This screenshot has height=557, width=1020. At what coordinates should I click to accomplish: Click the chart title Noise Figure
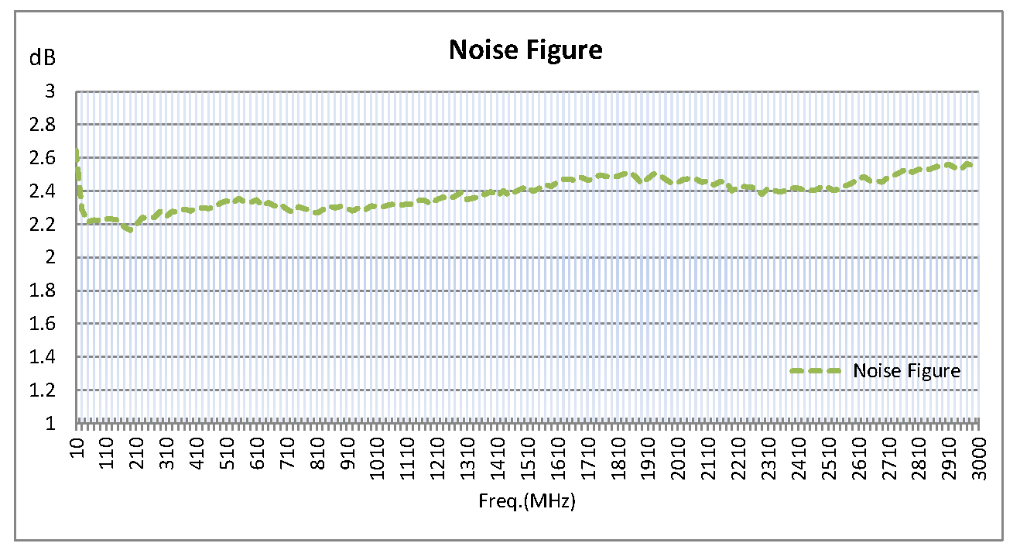point(525,50)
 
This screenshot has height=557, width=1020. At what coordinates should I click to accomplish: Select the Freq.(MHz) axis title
point(527,500)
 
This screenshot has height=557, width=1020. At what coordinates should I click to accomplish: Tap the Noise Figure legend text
point(906,371)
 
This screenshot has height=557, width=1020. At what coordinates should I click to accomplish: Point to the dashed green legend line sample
point(816,371)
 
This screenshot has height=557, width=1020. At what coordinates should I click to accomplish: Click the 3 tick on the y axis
point(51,91)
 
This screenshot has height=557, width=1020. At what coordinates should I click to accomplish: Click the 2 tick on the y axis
point(51,257)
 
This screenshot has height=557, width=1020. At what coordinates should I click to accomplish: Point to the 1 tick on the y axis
point(51,423)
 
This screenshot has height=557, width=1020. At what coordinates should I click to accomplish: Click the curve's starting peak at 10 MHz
point(77,152)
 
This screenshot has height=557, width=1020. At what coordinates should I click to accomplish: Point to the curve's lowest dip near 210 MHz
point(131,229)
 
